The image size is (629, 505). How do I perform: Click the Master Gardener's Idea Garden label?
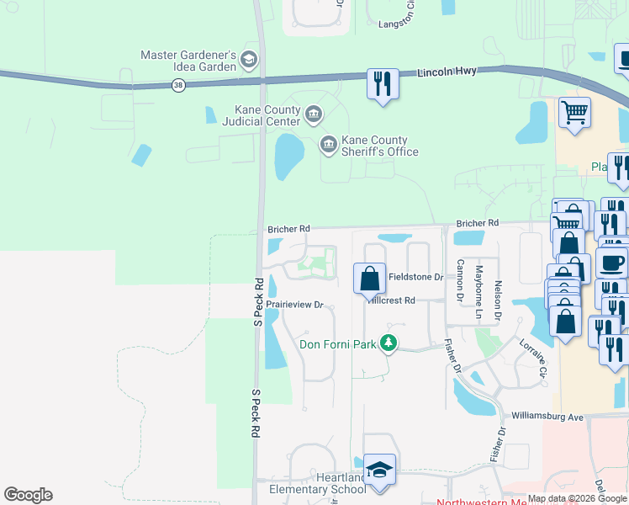188,61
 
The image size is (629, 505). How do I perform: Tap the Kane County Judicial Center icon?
313,114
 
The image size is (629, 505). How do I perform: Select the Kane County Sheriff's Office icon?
328,146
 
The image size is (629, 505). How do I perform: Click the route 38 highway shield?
177,85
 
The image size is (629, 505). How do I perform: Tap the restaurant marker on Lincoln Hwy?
382,84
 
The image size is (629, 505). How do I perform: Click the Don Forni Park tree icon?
388,343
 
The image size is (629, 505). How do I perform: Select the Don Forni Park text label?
336,343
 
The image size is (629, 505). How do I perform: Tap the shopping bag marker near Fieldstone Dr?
369,278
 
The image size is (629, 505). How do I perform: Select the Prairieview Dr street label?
295,305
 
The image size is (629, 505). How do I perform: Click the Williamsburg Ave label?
547,417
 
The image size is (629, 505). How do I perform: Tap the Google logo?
28,495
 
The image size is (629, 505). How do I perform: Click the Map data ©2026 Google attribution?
578,498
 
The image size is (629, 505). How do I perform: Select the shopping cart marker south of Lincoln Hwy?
574,112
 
